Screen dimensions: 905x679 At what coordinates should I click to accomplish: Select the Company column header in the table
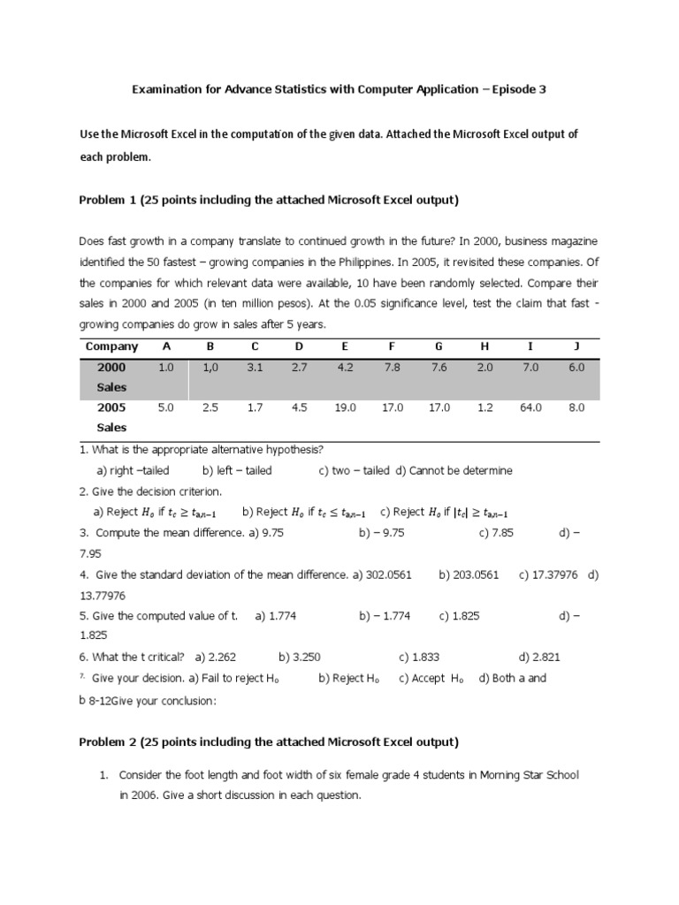point(111,346)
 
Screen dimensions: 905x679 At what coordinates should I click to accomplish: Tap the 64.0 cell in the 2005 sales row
point(530,407)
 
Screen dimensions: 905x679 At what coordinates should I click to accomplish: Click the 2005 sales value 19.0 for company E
point(345,407)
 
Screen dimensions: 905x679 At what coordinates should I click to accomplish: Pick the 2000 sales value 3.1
point(255,367)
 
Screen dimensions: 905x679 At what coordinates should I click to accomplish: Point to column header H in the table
point(484,346)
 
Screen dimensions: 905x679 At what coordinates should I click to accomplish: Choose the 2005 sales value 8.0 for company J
point(577,407)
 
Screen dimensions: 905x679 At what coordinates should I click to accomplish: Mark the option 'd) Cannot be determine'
point(454,470)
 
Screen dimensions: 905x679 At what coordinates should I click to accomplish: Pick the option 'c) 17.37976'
point(548,574)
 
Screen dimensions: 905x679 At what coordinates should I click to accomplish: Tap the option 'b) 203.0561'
point(469,574)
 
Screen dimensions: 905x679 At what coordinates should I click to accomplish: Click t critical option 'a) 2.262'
point(216,657)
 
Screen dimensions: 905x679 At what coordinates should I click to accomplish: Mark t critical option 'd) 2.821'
point(538,657)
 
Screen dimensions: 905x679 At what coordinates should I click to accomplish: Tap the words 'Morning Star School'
point(529,775)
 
